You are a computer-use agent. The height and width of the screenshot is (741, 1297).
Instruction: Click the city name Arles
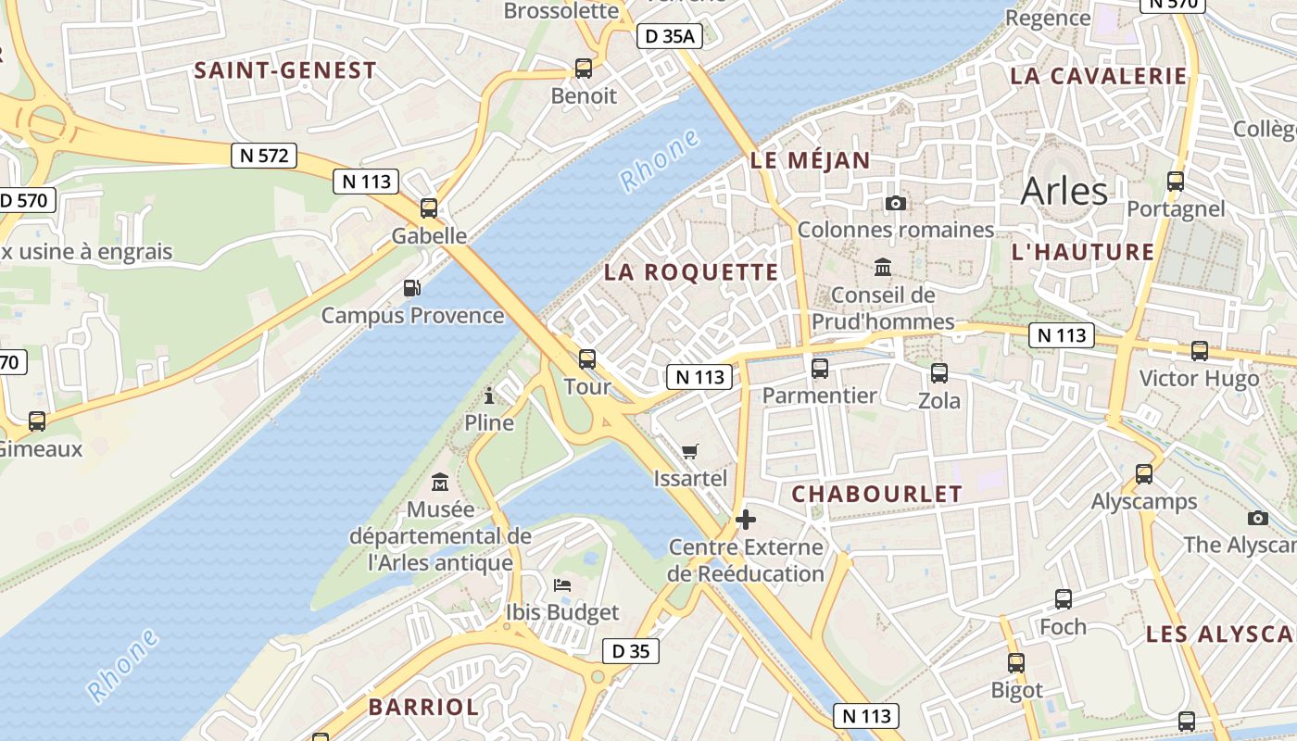pos(1064,191)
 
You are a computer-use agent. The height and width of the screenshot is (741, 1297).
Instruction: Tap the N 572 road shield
pos(264,156)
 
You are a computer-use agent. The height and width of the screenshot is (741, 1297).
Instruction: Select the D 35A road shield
pos(670,36)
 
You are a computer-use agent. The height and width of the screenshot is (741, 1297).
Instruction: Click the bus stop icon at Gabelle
pos(429,207)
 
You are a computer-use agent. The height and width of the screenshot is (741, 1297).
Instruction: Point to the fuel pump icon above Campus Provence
pos(412,288)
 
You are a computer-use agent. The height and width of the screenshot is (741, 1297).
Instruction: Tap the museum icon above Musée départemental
pos(440,483)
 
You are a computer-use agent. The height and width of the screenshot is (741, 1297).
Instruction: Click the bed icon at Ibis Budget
pos(562,584)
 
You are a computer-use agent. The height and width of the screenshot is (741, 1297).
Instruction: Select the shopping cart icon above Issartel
pos(689,451)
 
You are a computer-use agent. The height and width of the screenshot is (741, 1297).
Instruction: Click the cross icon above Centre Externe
pos(745,520)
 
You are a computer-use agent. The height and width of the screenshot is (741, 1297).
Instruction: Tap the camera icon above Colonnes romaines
pos(895,203)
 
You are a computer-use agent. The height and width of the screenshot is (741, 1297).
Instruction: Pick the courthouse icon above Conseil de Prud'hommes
pos(883,268)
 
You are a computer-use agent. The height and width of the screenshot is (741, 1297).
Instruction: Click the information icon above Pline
pos(489,396)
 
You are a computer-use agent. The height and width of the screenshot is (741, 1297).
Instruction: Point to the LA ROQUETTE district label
pos(691,272)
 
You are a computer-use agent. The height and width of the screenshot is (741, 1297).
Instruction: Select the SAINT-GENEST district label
pos(285,70)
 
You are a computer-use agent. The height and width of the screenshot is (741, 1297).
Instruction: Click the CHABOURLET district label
pos(876,494)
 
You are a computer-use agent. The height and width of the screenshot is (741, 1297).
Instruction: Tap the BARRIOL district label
pos(423,707)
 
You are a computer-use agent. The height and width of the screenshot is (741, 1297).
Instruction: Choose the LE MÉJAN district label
pos(811,160)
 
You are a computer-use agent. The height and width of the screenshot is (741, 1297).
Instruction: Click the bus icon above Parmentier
pos(820,369)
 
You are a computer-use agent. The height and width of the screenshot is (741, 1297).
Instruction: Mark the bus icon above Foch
pos(1063,599)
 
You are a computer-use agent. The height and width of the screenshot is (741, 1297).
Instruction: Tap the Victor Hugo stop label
pos(1199,378)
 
